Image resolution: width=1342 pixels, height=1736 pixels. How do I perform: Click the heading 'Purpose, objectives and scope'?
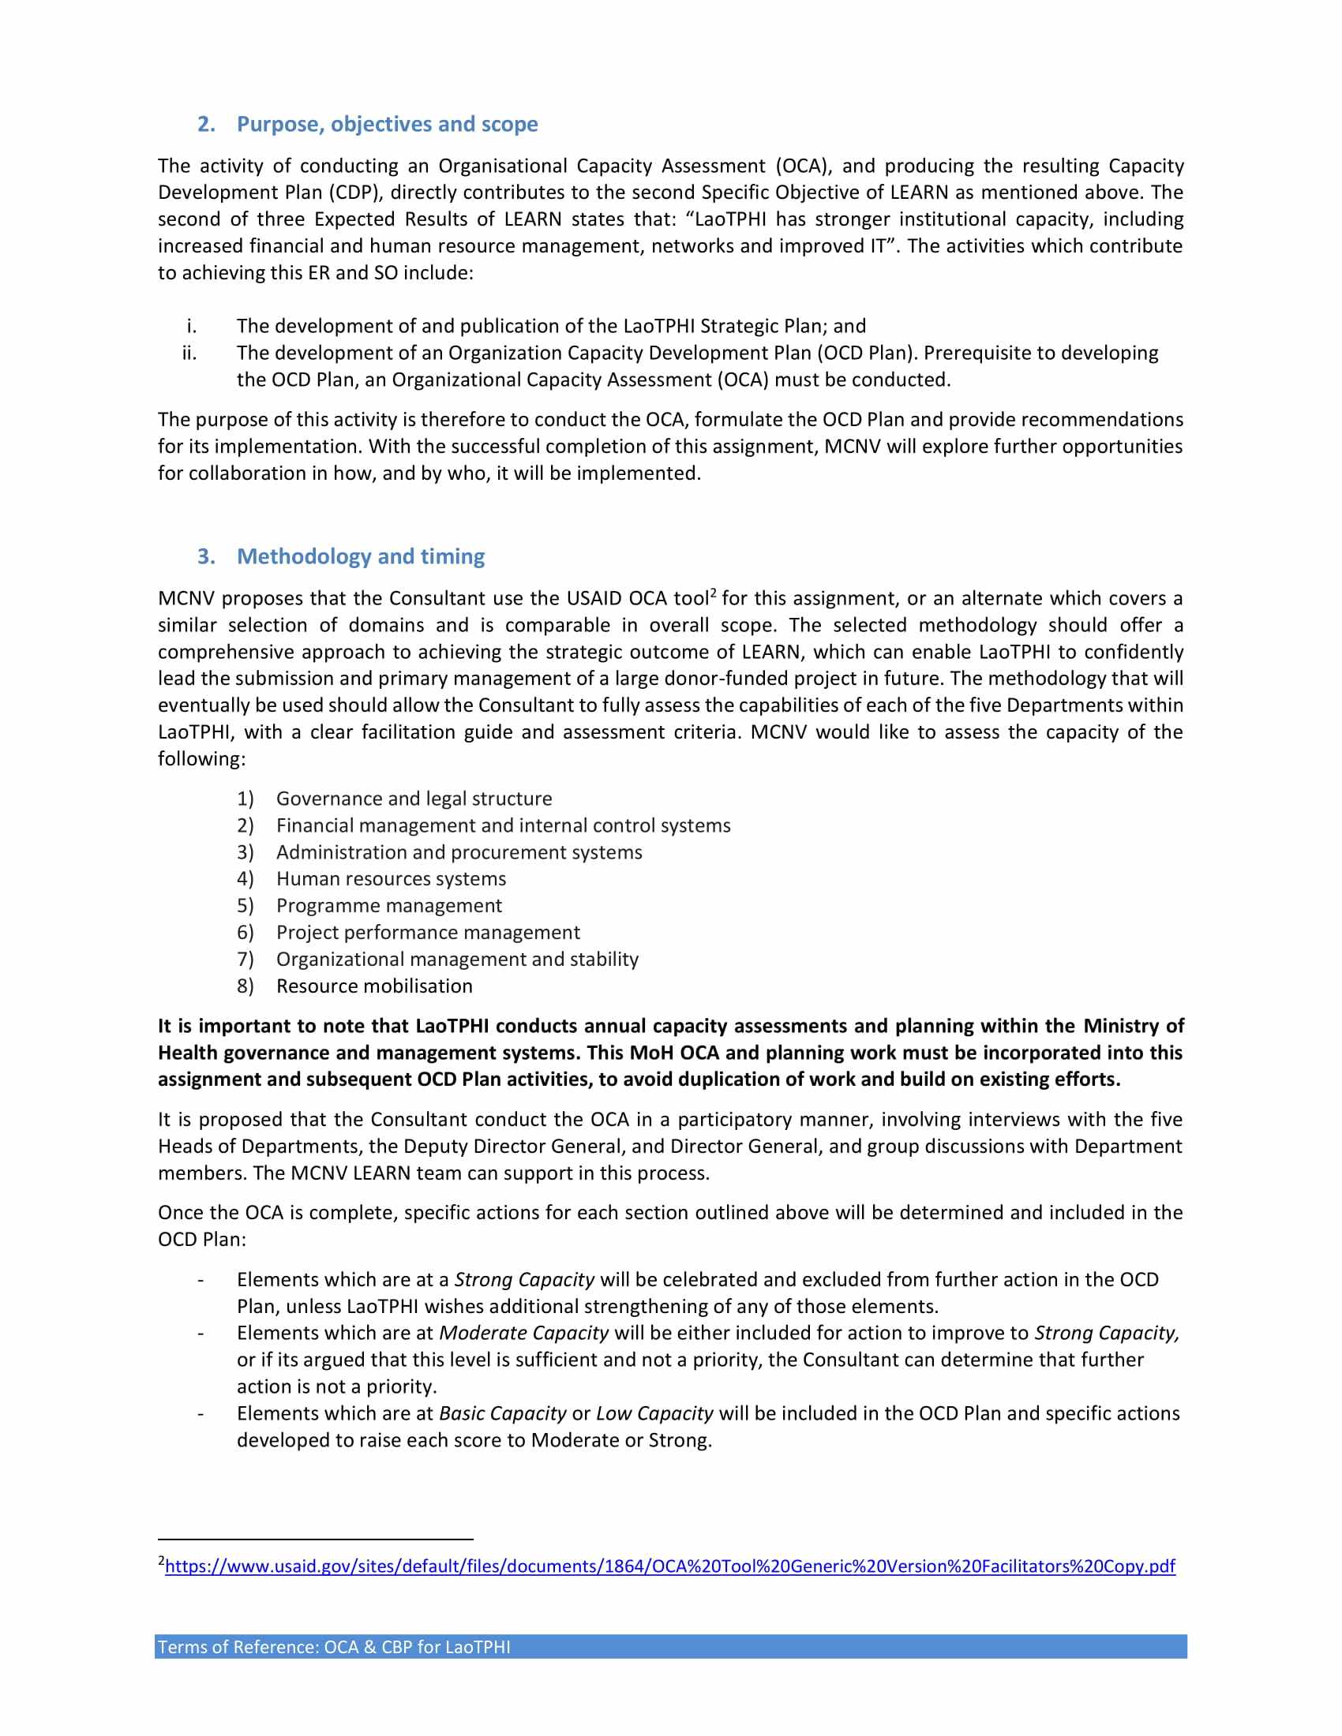click(x=387, y=124)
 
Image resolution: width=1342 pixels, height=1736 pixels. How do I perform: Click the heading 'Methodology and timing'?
click(x=360, y=556)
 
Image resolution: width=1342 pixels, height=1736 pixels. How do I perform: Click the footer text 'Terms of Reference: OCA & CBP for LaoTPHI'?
click(x=334, y=1647)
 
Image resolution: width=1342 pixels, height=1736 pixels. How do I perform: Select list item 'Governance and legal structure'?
click(x=414, y=798)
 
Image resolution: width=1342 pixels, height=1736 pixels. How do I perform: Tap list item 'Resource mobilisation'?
click(x=373, y=986)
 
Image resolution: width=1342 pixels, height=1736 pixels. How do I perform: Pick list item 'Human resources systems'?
click(x=390, y=878)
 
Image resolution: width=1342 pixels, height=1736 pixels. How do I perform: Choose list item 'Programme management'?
click(x=388, y=905)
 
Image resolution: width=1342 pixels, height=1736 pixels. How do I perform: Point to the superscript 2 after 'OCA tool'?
click(x=713, y=593)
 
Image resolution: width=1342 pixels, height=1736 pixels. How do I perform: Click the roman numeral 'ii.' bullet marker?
click(x=189, y=353)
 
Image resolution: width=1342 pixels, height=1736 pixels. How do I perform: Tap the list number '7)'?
click(x=245, y=959)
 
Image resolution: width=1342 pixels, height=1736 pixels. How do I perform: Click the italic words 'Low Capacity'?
click(x=654, y=1413)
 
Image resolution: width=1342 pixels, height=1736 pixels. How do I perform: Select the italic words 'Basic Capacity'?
click(x=502, y=1413)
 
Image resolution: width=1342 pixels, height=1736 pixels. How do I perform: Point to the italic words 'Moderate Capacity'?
click(x=523, y=1333)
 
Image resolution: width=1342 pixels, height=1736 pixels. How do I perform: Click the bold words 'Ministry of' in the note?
click(x=1133, y=1025)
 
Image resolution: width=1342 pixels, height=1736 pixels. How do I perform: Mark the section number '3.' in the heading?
click(x=206, y=556)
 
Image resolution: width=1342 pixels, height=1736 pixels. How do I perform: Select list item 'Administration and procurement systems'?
click(x=459, y=852)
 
